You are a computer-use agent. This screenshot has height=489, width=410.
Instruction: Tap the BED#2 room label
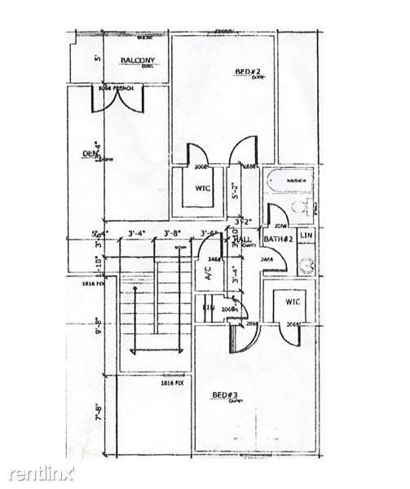pos(248,73)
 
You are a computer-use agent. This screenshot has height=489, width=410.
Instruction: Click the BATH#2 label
pos(279,238)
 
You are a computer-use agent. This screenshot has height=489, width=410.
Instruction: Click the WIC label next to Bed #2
pos(204,188)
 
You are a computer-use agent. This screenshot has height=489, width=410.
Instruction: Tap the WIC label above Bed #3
pos(293,302)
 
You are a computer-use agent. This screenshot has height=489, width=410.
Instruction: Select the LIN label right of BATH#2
pos(306,236)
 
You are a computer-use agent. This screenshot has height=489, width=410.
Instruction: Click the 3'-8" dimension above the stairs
pos(172,234)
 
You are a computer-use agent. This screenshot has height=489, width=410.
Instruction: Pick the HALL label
pos(244,239)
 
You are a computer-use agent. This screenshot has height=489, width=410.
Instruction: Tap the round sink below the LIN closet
pos(308,263)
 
